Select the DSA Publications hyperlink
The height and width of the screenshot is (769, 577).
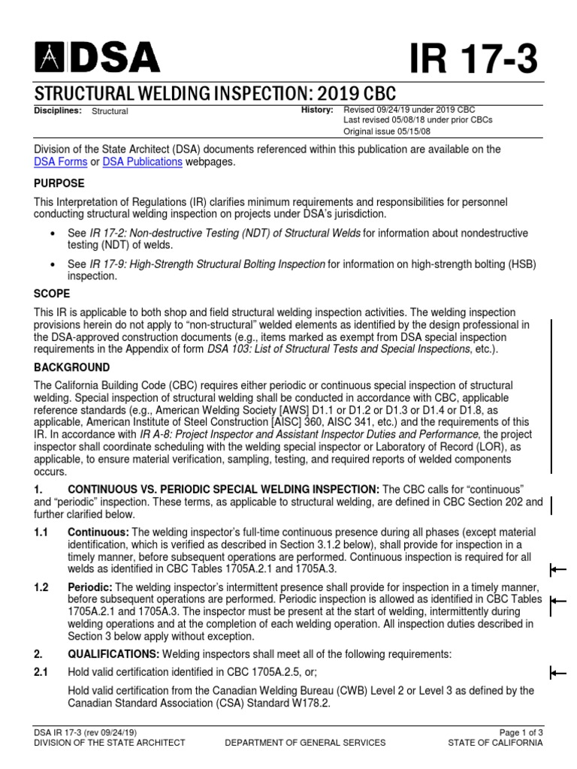(142, 161)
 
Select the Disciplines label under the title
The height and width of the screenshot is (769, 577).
(59, 110)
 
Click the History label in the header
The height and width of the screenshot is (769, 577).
(316, 110)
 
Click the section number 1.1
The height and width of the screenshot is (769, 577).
(41, 532)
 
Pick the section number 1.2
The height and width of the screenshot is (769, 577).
(41, 587)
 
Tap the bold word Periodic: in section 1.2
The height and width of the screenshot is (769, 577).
(90, 587)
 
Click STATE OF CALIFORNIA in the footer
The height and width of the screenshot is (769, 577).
(494, 743)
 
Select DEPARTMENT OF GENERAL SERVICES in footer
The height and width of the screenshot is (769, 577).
(306, 743)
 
